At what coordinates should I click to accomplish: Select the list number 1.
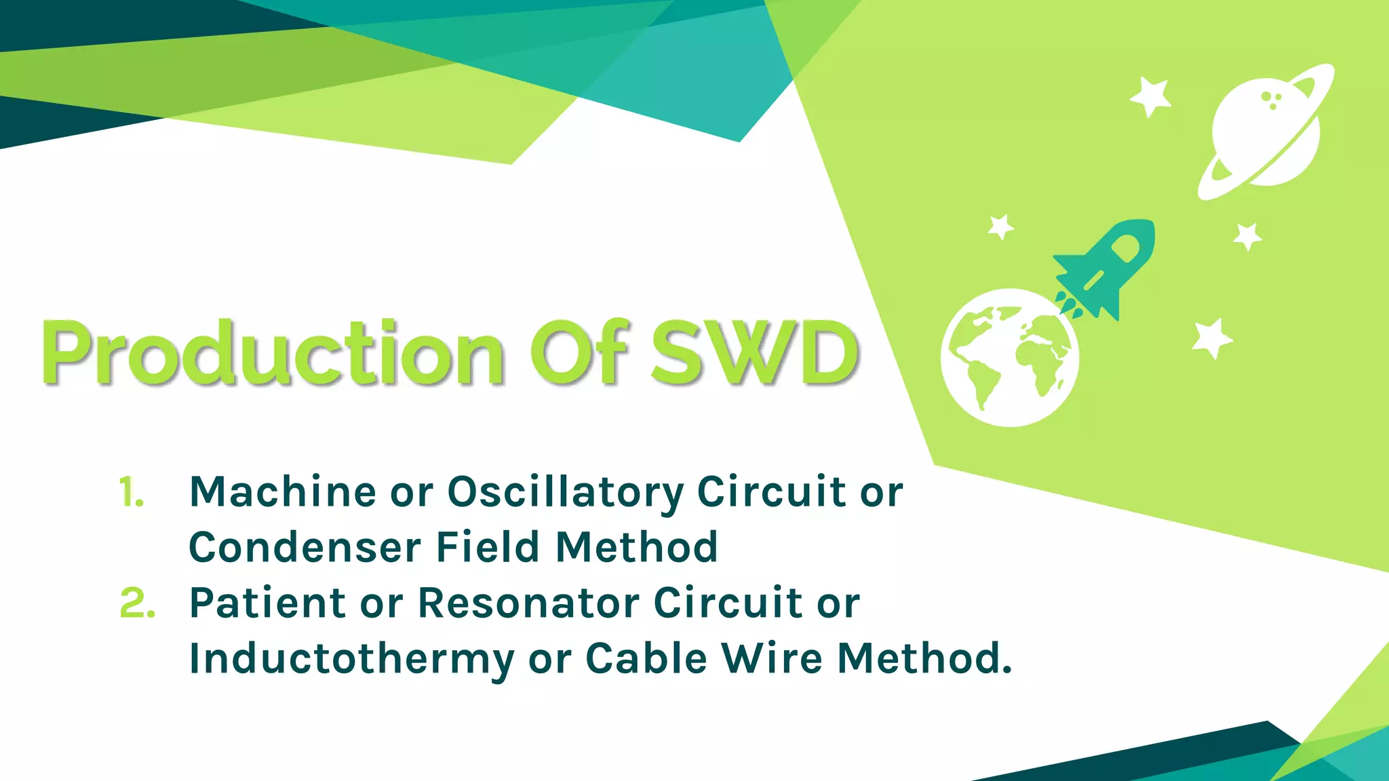131,492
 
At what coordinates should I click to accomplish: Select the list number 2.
137,603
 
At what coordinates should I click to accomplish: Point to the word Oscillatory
566,493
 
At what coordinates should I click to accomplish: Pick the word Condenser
305,547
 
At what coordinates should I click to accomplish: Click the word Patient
268,603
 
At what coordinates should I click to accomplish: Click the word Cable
646,658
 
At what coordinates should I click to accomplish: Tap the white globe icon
1010,358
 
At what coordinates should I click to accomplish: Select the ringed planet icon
1266,132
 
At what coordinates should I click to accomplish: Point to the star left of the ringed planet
1150,96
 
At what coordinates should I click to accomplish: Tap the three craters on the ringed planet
1271,100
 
